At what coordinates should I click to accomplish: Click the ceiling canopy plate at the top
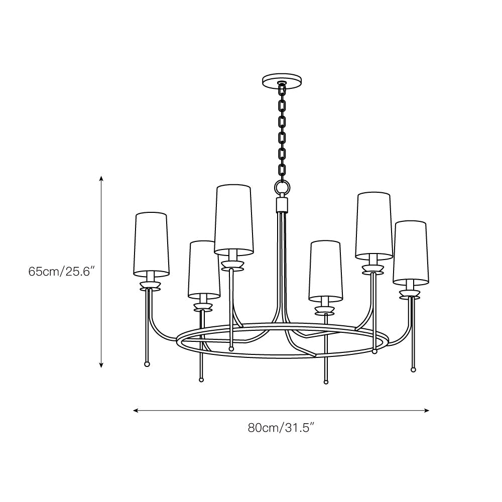(x=283, y=80)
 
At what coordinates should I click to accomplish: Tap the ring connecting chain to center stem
(x=282, y=188)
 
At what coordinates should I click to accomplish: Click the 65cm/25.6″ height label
(x=62, y=272)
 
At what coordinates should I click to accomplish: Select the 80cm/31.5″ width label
(x=281, y=428)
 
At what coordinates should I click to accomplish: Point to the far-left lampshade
(x=151, y=244)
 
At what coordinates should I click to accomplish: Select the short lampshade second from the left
(x=204, y=270)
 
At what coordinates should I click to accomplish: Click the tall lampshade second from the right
(x=374, y=224)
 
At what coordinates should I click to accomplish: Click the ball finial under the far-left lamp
(x=147, y=364)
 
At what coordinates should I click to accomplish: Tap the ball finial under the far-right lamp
(x=413, y=369)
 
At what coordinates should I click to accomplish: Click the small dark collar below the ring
(x=282, y=204)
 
